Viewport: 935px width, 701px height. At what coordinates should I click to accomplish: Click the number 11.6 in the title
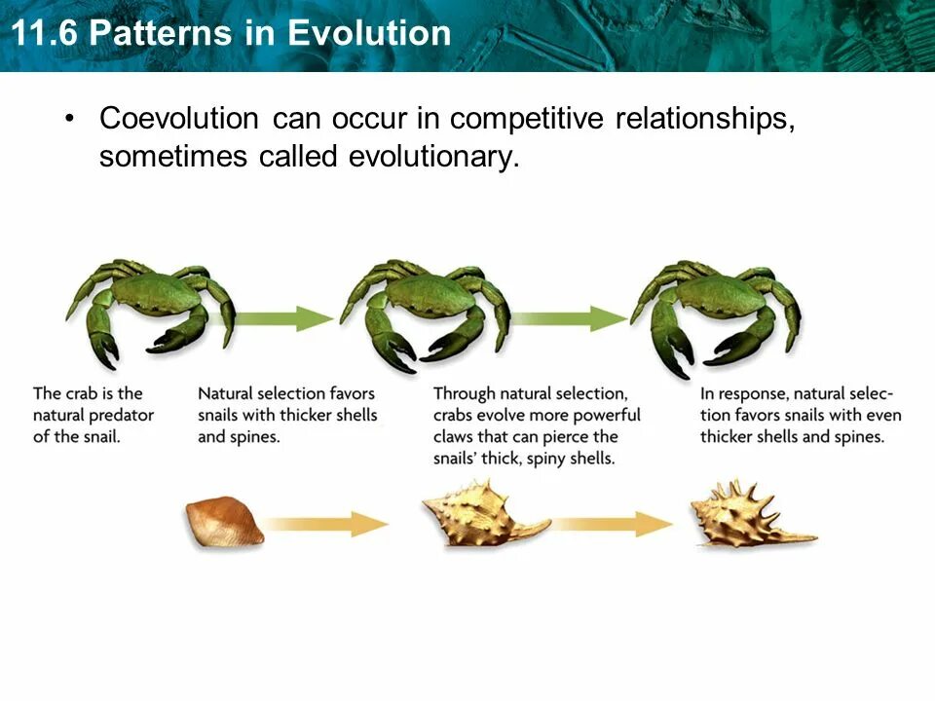point(44,33)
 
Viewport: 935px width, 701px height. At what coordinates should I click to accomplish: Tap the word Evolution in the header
point(369,33)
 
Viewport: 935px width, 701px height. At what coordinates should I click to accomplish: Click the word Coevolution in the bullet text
point(179,118)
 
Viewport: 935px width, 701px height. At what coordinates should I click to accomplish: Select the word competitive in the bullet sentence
point(527,119)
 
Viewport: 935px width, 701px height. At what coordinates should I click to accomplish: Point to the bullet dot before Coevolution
point(71,118)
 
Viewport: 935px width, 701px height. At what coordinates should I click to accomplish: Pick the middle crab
point(426,314)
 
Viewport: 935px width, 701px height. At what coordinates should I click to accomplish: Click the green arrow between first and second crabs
point(280,319)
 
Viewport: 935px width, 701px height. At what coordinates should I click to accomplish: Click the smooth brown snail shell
point(224,521)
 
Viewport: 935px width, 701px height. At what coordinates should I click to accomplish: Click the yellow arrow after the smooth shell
point(325,525)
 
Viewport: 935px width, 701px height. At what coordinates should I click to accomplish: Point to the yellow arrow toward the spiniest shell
point(613,525)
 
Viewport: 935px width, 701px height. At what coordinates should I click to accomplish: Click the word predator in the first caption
point(124,416)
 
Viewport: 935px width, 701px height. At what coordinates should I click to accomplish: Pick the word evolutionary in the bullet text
point(430,157)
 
